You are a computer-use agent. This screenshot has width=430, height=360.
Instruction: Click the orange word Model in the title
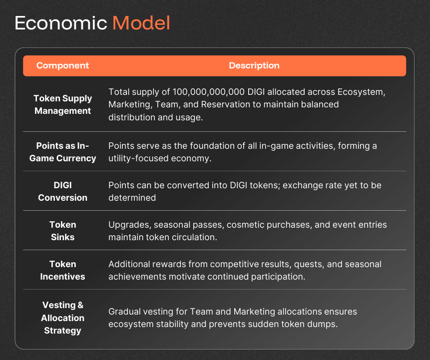(141, 23)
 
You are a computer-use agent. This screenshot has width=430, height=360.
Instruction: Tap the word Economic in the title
(60, 23)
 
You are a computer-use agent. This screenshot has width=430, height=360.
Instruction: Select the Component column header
(62, 65)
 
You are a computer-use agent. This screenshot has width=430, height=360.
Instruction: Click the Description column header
(254, 65)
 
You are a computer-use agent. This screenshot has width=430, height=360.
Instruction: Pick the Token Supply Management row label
(62, 104)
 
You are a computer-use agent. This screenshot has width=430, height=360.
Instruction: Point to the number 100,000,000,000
(208, 92)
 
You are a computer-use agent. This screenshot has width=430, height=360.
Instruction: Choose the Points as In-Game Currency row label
(62, 152)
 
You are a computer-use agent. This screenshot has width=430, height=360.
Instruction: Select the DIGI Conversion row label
(62, 191)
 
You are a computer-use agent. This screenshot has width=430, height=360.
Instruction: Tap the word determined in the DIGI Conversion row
(132, 198)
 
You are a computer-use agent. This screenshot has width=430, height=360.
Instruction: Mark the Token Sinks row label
(62, 231)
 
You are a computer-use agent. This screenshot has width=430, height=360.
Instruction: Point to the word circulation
(194, 237)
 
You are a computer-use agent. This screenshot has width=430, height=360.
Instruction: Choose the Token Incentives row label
(62, 270)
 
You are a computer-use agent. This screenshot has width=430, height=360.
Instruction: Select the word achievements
(137, 277)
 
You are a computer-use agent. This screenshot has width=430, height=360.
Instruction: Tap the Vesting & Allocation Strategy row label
(62, 318)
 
